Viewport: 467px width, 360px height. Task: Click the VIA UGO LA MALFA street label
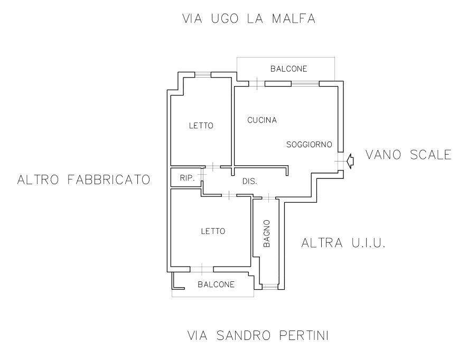(249, 18)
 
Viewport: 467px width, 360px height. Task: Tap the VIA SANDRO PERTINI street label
(258, 335)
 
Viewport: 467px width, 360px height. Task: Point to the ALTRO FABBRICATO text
(83, 179)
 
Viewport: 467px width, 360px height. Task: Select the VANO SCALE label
(408, 155)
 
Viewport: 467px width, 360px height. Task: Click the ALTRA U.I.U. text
(343, 243)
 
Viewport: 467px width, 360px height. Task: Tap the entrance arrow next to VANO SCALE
(350, 161)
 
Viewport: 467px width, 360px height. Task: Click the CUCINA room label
(262, 120)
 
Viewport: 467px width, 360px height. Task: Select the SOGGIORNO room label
(309, 145)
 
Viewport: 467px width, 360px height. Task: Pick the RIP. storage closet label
(187, 178)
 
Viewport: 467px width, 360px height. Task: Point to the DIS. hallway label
(249, 181)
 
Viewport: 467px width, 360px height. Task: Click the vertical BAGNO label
(267, 233)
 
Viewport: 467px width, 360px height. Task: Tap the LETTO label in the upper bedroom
(201, 126)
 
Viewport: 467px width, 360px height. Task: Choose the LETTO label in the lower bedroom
(213, 231)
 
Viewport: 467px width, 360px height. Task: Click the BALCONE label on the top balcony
(288, 69)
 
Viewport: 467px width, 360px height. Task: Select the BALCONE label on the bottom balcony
(216, 285)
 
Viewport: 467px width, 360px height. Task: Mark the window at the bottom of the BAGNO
(270, 287)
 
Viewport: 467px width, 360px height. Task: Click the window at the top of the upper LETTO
(203, 74)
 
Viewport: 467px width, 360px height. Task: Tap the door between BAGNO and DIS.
(269, 197)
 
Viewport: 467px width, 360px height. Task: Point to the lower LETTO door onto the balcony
(202, 269)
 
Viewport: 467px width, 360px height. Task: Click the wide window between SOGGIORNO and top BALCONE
(305, 83)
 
